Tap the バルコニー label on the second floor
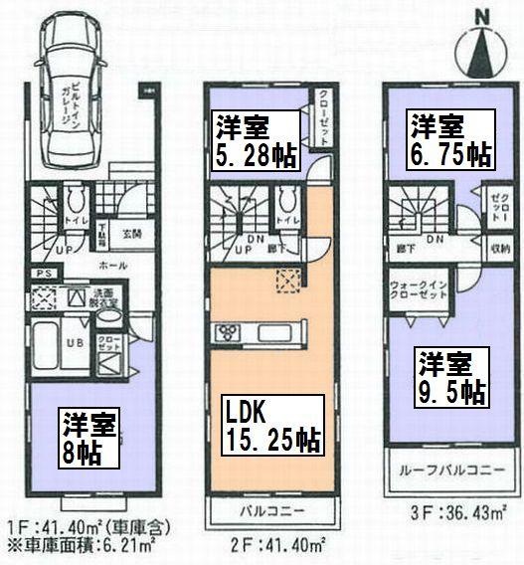(x=266, y=514)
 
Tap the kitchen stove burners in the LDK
(x=224, y=332)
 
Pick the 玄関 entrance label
(x=133, y=234)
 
